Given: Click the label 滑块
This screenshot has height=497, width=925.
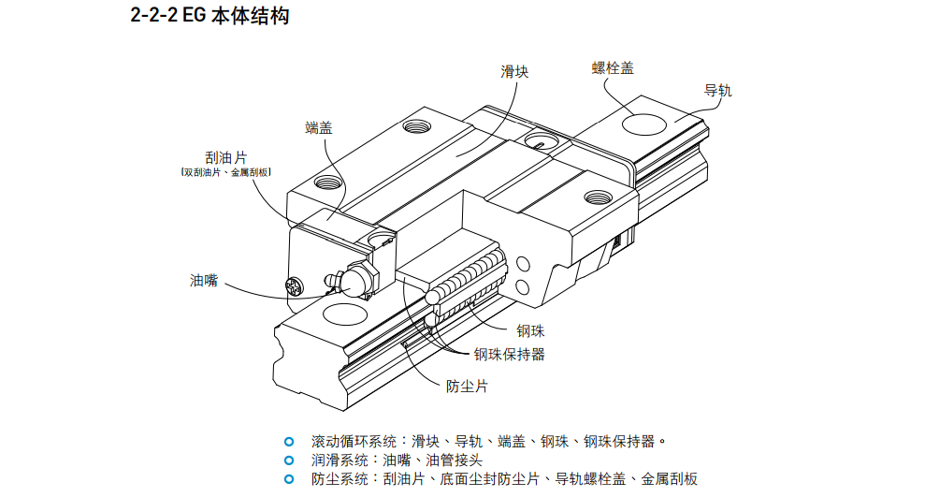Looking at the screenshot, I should (514, 71).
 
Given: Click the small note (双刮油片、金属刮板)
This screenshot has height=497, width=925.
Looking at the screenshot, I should (225, 172).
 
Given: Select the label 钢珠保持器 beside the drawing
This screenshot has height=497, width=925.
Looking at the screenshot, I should (509, 354).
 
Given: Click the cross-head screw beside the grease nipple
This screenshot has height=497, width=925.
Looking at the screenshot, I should (297, 285).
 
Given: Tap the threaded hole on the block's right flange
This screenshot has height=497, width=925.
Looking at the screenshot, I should (597, 197).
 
